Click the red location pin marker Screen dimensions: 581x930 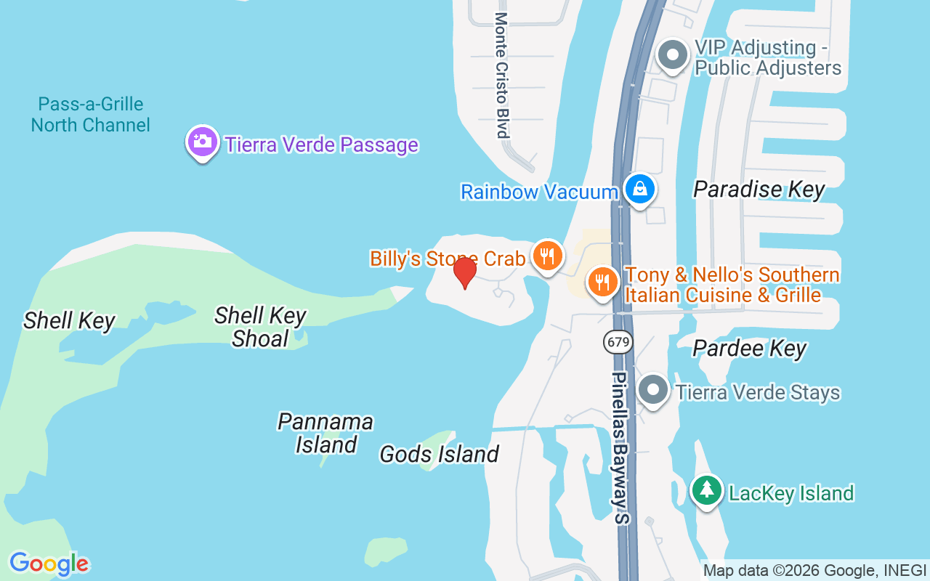(465, 273)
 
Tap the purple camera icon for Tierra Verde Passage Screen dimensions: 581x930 (203, 142)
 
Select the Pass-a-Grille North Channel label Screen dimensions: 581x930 (91, 115)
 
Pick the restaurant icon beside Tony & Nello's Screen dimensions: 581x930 (602, 282)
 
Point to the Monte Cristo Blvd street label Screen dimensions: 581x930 (501, 75)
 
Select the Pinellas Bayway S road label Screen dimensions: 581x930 (620, 448)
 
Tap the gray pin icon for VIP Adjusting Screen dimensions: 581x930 (672, 55)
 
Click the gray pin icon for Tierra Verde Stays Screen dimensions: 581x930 (653, 390)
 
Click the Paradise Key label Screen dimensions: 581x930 (759, 190)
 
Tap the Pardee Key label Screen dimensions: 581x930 (749, 348)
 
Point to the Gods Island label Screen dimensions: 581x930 (439, 455)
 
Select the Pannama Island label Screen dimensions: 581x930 (325, 433)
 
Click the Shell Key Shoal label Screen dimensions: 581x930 (260, 327)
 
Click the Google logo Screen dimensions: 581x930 (49, 564)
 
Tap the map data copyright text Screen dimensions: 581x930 (814, 571)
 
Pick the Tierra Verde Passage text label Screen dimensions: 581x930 (321, 145)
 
